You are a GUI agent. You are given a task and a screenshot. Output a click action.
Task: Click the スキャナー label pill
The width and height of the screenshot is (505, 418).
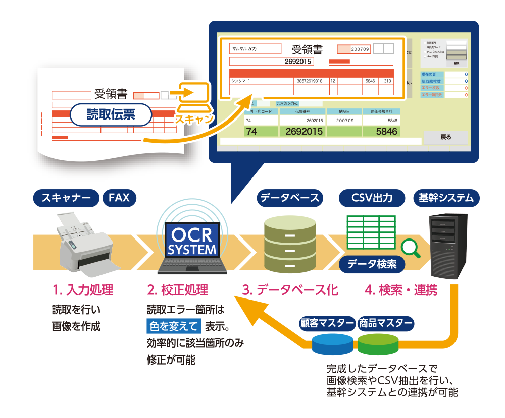pyautogui.click(x=66, y=198)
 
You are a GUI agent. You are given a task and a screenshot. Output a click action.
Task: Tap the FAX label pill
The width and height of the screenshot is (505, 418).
pyautogui.click(x=119, y=198)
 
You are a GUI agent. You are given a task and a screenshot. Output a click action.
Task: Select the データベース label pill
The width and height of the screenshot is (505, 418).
pyautogui.click(x=289, y=198)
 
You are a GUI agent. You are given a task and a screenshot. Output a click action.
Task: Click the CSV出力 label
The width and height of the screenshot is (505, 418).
pyautogui.click(x=372, y=198)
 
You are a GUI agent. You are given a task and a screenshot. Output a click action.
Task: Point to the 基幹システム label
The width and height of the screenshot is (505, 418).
pyautogui.click(x=446, y=198)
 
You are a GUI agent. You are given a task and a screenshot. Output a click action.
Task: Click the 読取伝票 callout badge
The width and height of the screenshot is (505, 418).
pyautogui.click(x=111, y=115)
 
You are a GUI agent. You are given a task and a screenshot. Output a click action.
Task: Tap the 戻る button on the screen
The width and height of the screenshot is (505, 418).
pyautogui.click(x=445, y=137)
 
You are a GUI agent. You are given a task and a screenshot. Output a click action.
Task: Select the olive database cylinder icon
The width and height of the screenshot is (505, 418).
pyautogui.click(x=289, y=244)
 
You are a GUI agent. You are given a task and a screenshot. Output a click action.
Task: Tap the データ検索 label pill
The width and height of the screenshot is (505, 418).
pyautogui.click(x=372, y=264)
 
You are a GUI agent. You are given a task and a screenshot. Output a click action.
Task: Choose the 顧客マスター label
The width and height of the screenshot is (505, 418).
pyautogui.click(x=327, y=323)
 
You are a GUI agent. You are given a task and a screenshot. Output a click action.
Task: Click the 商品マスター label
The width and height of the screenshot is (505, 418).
pyautogui.click(x=385, y=323)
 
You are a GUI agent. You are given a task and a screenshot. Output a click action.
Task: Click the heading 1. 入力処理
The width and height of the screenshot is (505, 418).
pyautogui.click(x=82, y=290)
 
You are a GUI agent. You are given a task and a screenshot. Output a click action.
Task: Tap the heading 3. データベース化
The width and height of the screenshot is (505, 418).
pyautogui.click(x=290, y=290)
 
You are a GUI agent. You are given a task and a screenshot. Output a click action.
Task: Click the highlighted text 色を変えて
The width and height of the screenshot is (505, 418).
pyautogui.click(x=173, y=326)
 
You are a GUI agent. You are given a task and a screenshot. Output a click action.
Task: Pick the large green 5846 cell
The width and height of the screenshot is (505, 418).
pyautogui.click(x=380, y=132)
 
